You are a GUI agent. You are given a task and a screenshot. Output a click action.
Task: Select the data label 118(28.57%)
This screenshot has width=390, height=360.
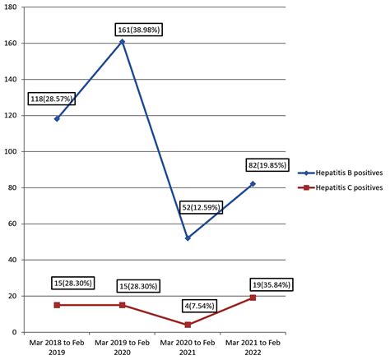pyautogui.click(x=53, y=99)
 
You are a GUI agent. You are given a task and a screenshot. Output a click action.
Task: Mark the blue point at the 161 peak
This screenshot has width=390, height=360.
pyautogui.click(x=122, y=41)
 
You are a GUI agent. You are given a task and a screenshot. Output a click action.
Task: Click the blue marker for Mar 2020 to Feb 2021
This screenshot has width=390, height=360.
pyautogui.click(x=188, y=238)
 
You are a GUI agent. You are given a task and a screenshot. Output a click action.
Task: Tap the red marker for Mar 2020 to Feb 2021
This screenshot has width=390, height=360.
pyautogui.click(x=188, y=325)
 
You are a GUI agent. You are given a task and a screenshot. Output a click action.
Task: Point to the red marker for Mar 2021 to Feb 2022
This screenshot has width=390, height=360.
pyautogui.click(x=253, y=298)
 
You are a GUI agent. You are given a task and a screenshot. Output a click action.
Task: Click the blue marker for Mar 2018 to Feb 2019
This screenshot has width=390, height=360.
pyautogui.click(x=57, y=118)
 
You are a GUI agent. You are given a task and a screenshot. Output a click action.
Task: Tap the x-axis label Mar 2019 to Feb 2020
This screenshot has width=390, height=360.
pyautogui.click(x=122, y=347)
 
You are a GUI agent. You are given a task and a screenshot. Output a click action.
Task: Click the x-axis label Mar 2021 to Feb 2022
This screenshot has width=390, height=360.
pyautogui.click(x=253, y=347)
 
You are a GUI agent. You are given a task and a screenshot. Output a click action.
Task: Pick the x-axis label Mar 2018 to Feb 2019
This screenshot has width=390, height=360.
pyautogui.click(x=57, y=347)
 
